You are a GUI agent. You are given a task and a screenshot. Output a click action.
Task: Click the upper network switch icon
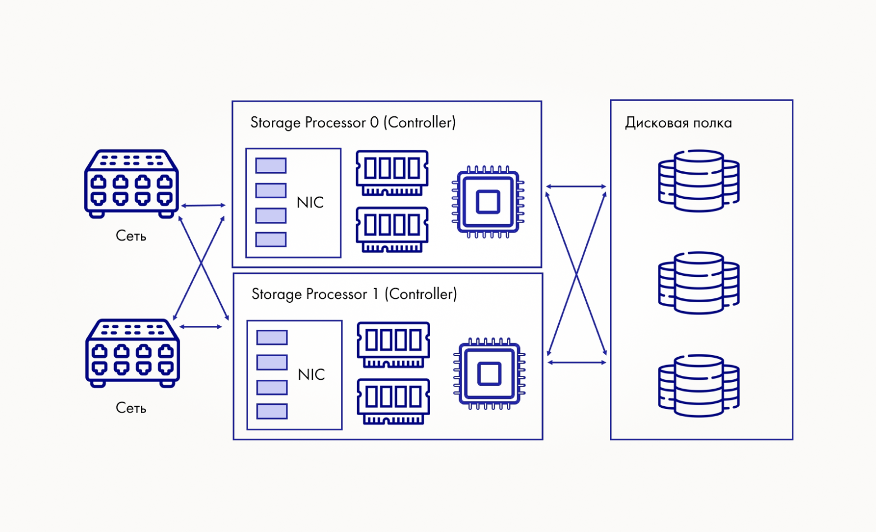pos(131,184)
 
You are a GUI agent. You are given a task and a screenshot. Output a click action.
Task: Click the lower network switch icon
pos(133,353)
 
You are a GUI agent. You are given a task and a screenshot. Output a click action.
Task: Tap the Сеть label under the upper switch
pos(131,236)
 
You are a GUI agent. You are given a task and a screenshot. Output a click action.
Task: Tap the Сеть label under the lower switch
pos(131,408)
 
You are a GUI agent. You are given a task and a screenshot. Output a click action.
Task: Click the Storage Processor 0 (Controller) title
pos(353,122)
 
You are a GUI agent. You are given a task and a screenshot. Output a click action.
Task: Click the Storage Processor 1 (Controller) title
pos(354,294)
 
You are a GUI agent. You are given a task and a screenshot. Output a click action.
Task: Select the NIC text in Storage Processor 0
pos(310,203)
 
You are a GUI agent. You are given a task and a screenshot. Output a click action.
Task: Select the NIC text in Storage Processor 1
pos(311,375)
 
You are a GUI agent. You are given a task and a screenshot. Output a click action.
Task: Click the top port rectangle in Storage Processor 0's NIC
pos(271,166)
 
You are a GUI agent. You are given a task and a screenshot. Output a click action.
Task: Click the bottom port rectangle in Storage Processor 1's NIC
pos(272,412)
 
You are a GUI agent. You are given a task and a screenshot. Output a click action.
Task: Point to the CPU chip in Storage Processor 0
pos(488,202)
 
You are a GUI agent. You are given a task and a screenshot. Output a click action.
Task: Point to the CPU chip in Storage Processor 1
pos(489,374)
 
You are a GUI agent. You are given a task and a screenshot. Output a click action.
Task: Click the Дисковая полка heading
pos(678,123)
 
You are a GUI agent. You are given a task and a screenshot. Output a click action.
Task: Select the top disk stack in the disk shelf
pos(699,180)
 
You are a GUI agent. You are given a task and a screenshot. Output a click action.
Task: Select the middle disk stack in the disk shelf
pos(699,283)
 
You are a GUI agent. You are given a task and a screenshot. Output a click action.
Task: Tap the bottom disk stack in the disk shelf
pos(699,385)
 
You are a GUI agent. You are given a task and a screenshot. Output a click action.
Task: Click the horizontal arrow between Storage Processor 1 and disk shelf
pos(577,363)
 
